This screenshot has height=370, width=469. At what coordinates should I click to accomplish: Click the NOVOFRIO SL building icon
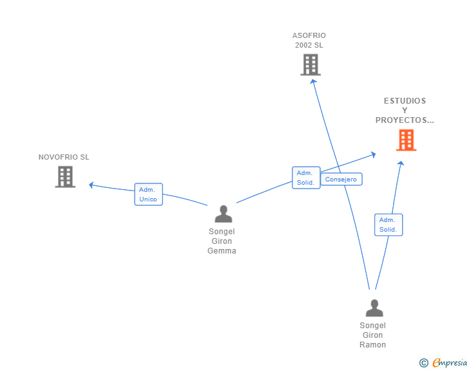coord(65,176)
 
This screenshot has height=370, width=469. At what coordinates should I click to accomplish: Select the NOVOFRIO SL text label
coord(64,157)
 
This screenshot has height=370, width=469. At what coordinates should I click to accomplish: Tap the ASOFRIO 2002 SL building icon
coord(311,64)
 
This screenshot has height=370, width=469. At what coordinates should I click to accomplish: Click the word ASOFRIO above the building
coord(309,35)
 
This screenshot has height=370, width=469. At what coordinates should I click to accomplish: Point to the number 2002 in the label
coord(303,45)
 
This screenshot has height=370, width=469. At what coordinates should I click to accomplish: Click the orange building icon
coord(406,140)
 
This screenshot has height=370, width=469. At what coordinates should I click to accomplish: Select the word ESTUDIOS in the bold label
coord(405,101)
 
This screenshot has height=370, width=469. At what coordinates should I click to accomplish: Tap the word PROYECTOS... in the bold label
coord(405,120)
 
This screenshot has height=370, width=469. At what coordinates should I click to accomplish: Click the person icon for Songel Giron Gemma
coord(224,214)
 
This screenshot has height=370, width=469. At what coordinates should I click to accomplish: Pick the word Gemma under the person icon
coord(222,251)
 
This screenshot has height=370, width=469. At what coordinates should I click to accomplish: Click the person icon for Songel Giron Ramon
coord(374,308)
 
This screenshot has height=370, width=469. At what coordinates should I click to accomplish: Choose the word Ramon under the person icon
coord(372,345)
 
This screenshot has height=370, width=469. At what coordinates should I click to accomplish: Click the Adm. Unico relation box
coord(148,194)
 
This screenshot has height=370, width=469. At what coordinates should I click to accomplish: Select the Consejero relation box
coord(341,179)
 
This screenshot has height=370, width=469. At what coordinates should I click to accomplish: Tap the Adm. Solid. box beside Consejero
coord(306,178)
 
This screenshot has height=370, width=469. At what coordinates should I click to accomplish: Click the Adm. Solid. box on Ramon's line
coord(388,225)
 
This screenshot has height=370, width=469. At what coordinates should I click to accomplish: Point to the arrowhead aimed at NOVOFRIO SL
coord(91,185)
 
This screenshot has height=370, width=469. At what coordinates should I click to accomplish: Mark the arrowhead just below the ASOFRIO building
coord(313,82)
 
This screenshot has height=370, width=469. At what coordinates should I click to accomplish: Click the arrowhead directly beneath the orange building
coord(401,163)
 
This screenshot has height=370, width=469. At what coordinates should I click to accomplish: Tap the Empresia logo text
coord(450,362)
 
